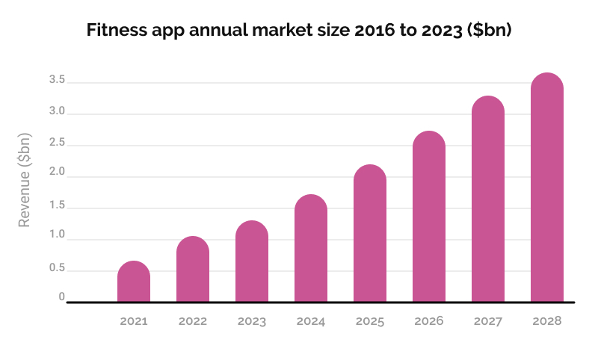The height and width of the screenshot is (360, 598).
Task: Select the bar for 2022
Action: pyautogui.click(x=193, y=270)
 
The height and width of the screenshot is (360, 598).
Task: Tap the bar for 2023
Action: pyautogui.click(x=252, y=262)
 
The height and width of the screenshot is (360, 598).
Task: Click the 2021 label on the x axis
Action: pyautogui.click(x=134, y=321)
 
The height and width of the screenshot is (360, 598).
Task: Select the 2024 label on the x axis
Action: pyautogui.click(x=311, y=321)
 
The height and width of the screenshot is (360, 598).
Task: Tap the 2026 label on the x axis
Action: pyautogui.click(x=429, y=321)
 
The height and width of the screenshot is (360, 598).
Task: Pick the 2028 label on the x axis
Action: pyautogui.click(x=547, y=321)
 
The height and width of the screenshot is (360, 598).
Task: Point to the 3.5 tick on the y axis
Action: pyautogui.click(x=57, y=80)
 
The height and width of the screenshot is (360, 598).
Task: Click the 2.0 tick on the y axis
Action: pyautogui.click(x=57, y=173)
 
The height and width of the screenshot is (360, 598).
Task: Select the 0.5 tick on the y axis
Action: pyautogui.click(x=57, y=267)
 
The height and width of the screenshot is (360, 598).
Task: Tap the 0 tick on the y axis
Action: pyautogui.click(x=62, y=297)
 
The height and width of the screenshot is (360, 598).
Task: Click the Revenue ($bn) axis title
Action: pyautogui.click(x=25, y=179)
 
